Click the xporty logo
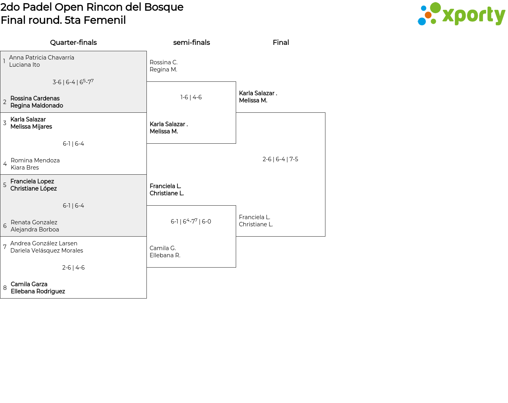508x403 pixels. tap(461, 14)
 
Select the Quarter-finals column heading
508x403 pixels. tap(73, 42)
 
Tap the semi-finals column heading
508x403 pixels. tap(191, 42)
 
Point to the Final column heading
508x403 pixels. tap(281, 42)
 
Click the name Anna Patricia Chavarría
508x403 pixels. tap(42, 58)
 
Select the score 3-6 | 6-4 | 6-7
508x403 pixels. tap(73, 82)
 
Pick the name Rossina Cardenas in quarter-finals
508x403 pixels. tap(35, 98)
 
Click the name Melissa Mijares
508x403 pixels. tap(31, 127)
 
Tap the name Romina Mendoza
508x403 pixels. tap(35, 160)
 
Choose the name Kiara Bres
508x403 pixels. tap(25, 168)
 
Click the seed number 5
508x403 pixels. tap(5, 185)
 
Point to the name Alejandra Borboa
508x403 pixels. tap(35, 229)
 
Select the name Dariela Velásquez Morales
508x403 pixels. tap(47, 251)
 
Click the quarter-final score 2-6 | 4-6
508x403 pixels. tap(73, 268)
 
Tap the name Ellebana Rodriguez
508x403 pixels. tap(38, 291)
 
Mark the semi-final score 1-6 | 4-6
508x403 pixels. tap(191, 97)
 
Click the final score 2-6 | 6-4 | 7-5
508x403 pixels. tap(280, 159)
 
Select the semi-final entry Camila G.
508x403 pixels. tap(163, 248)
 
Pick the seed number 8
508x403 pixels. tap(5, 288)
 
